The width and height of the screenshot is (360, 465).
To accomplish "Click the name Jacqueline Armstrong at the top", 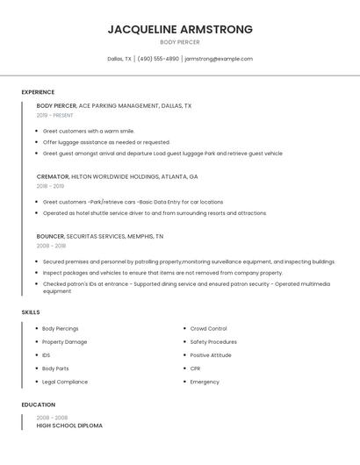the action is [x=180, y=29].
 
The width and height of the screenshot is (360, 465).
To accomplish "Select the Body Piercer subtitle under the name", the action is [x=180, y=42].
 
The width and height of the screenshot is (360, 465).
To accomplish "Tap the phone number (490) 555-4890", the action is [x=158, y=59].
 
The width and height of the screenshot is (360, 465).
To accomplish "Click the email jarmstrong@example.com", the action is [x=219, y=59].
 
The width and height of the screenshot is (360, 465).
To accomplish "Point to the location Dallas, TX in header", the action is [x=119, y=59].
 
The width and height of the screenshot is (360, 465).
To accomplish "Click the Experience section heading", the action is [x=38, y=92].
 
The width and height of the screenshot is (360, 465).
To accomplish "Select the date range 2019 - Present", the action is [x=54, y=115].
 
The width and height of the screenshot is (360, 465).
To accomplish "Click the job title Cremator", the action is [x=51, y=176].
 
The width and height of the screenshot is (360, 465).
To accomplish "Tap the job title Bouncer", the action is [x=50, y=236].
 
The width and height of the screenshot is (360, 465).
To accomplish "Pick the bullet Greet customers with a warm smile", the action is [x=89, y=131].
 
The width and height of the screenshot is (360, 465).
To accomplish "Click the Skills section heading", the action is [x=31, y=312].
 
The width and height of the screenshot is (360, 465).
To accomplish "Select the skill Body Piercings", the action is [x=61, y=328].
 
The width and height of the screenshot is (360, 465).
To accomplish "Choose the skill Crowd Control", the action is [x=208, y=328].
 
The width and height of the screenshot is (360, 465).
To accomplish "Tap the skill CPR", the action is [x=195, y=368].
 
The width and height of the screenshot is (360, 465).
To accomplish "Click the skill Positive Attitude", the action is [x=211, y=355].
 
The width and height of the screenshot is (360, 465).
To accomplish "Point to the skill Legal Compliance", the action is [x=65, y=382].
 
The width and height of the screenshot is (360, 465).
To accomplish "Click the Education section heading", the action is [x=38, y=404].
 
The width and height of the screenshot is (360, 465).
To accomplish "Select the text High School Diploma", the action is [x=69, y=426].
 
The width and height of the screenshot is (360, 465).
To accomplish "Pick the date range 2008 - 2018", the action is [x=50, y=246].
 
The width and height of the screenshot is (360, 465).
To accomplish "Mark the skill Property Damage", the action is [x=65, y=341].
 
